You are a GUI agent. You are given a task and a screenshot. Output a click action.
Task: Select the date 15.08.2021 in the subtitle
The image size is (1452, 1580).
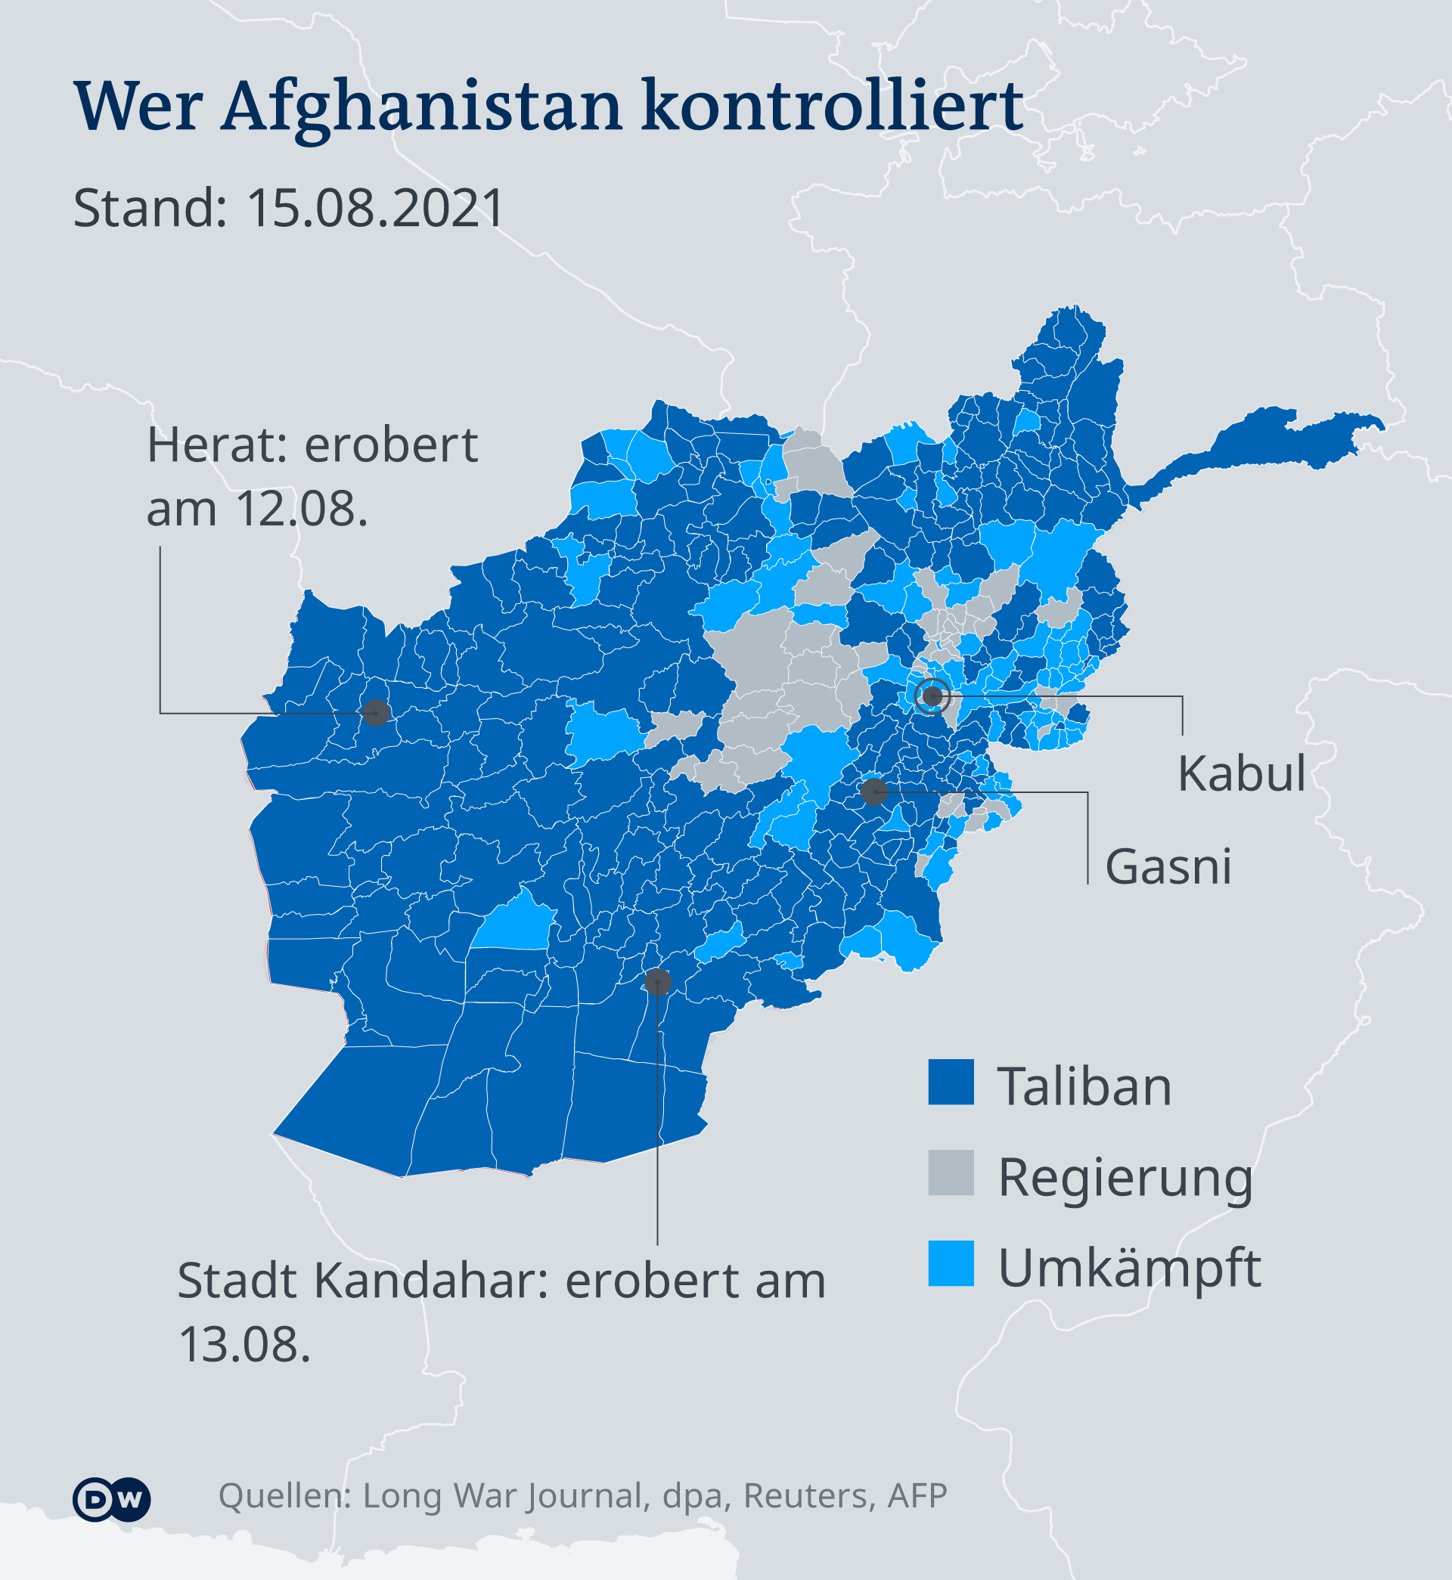(375, 209)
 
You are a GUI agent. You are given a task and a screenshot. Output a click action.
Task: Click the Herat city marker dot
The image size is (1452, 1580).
(377, 712)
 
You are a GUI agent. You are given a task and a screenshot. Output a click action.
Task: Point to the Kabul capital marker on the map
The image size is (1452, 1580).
(932, 696)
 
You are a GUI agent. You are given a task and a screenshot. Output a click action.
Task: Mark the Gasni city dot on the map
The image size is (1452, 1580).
(873, 792)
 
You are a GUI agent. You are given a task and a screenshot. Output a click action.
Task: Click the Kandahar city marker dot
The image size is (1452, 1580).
(658, 981)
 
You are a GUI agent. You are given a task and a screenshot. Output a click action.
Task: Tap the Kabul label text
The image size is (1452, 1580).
(1241, 773)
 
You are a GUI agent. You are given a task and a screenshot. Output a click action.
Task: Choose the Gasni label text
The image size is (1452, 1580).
(1168, 867)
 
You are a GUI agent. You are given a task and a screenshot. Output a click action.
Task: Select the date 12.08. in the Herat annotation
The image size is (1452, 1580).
(301, 510)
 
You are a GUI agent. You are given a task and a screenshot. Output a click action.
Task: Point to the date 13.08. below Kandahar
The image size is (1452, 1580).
(244, 1344)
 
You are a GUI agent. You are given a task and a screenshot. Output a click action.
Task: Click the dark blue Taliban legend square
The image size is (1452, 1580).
(951, 1082)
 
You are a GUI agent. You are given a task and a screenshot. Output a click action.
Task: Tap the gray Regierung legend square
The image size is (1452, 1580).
(951, 1173)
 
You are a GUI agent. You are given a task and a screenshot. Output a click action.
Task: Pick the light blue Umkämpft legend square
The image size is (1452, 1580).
(951, 1263)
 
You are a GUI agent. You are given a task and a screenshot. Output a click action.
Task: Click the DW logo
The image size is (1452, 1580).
(110, 1500)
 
